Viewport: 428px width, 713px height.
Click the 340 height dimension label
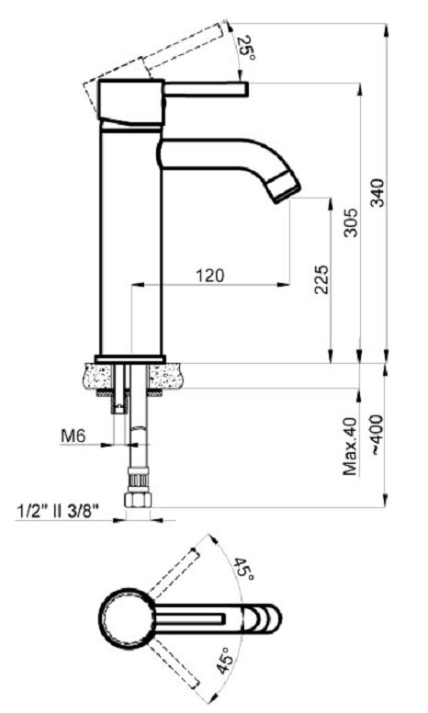(377, 193)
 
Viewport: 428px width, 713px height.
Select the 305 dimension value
(350, 222)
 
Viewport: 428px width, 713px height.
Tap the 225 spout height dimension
(321, 279)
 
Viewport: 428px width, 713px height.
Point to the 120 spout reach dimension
(210, 275)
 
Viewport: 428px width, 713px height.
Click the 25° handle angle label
(248, 49)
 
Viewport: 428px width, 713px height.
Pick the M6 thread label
(73, 436)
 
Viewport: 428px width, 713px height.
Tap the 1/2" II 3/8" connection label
(58, 511)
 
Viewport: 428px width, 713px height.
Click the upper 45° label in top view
(244, 569)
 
